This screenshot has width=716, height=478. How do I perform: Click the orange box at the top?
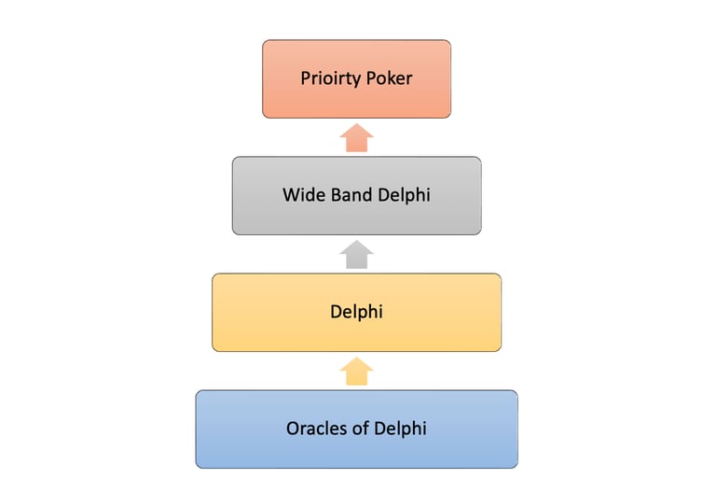(x=357, y=78)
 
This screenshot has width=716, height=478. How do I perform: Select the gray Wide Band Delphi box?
(x=357, y=196)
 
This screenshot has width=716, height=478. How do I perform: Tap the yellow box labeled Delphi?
(x=357, y=313)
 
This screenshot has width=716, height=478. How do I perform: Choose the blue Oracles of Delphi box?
(x=357, y=429)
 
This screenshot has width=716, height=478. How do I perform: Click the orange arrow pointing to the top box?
(x=357, y=137)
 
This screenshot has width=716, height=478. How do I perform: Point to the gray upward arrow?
(x=357, y=254)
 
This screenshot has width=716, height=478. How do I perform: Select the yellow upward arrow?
(x=357, y=372)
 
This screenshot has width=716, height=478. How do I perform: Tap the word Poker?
(x=389, y=78)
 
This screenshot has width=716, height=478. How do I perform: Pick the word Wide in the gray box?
(x=304, y=195)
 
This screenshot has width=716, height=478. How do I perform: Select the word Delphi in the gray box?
(x=404, y=196)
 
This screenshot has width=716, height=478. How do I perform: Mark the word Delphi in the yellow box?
(x=357, y=313)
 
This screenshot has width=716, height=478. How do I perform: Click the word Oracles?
(x=316, y=429)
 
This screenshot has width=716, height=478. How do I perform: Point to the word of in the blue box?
(x=360, y=429)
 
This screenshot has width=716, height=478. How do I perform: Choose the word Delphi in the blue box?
(x=401, y=429)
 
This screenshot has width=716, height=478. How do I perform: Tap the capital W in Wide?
(x=291, y=195)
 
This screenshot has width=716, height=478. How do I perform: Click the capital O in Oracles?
(x=293, y=429)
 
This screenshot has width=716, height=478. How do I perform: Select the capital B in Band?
(x=337, y=195)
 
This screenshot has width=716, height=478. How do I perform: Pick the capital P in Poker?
(x=371, y=78)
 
